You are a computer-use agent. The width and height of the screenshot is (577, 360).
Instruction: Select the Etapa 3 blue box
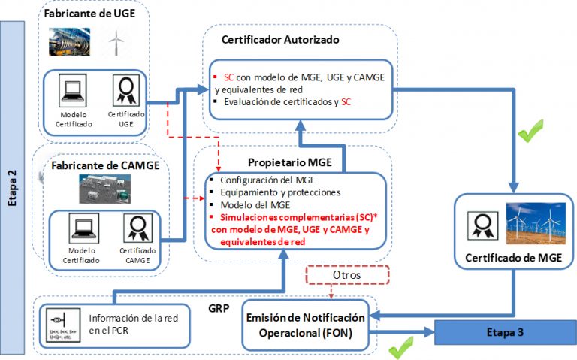(499, 331)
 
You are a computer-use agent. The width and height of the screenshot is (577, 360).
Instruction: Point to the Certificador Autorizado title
(281, 39)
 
